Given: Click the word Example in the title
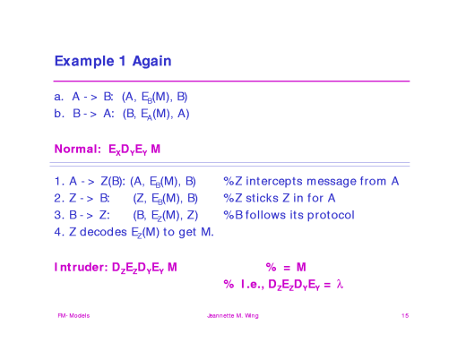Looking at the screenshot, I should tap(83, 62).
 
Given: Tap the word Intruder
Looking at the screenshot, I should tap(81, 267).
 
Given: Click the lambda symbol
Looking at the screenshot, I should tap(340, 285).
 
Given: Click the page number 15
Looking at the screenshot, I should tap(405, 316).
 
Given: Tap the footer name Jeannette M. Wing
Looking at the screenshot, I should tap(232, 316).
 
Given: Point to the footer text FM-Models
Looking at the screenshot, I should tap(73, 316).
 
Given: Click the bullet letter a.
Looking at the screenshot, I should tap(58, 96).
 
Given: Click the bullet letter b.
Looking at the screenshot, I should tap(58, 114).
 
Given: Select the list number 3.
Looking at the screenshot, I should tap(57, 215).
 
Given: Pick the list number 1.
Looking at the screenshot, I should tap(57, 181).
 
